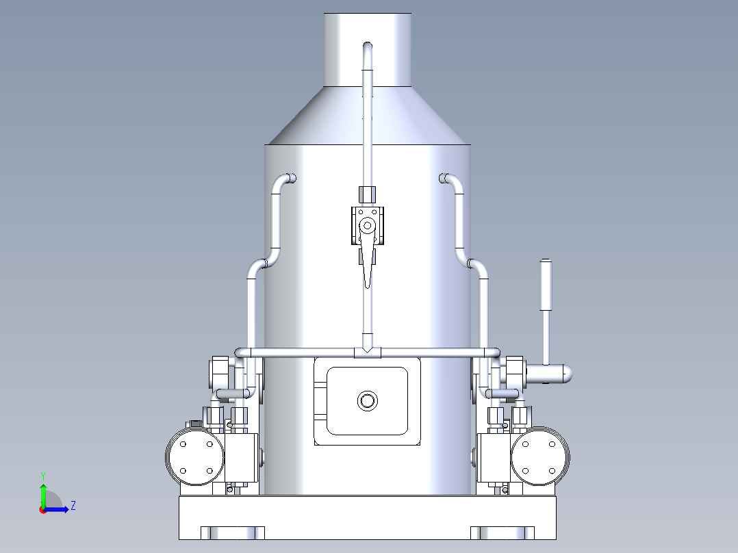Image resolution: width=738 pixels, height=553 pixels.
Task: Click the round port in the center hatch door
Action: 368,400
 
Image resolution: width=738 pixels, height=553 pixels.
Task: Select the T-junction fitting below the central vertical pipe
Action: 368,352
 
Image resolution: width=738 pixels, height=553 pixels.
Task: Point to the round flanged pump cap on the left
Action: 195,455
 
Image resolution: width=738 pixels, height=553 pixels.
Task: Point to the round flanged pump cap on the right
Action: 540,455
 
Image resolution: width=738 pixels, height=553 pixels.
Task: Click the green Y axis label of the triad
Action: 42,474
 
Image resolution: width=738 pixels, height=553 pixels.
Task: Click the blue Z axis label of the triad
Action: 73,506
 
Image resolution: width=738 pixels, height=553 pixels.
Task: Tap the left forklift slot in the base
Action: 233,532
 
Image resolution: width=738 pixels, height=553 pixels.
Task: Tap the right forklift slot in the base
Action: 502,532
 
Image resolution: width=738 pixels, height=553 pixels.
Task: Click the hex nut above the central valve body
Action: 368,194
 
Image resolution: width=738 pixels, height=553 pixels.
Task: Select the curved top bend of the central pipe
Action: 368,48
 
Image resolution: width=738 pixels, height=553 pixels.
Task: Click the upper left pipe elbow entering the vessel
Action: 286,180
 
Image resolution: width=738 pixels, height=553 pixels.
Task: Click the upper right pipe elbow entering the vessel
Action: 449,180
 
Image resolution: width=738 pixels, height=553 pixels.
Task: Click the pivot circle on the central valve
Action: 368,224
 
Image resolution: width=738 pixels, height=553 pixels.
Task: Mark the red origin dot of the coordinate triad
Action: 42,509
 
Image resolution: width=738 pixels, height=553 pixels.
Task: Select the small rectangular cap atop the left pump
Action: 195,424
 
